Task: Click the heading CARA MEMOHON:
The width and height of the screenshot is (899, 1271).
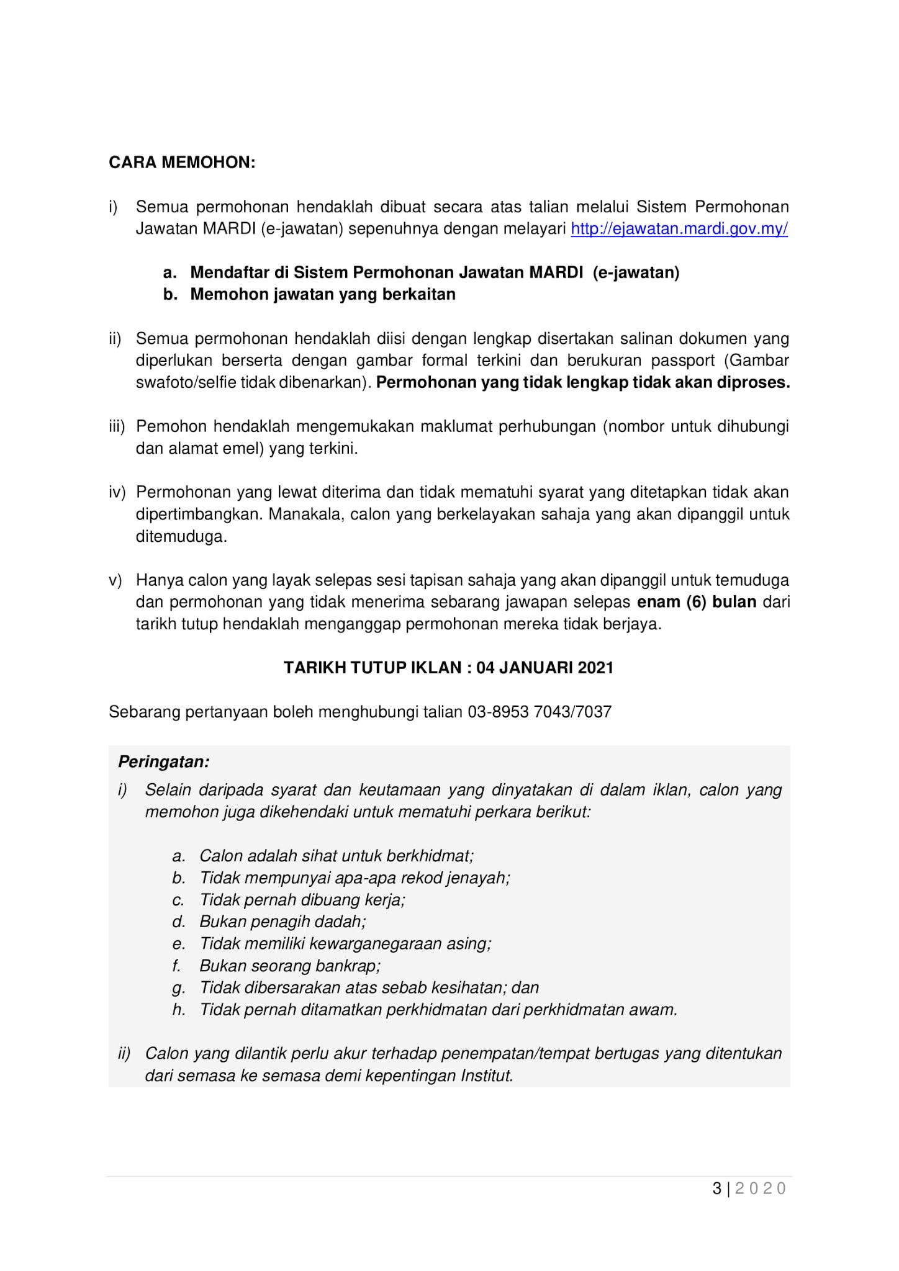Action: (182, 163)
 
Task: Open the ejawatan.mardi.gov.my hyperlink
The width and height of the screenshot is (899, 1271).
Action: (679, 229)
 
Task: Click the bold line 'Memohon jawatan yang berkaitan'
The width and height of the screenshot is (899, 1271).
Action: (323, 294)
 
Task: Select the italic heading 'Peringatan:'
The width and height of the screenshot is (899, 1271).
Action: (164, 761)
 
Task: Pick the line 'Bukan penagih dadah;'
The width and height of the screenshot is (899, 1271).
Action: (282, 922)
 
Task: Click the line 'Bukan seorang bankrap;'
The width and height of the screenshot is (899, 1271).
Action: (290, 966)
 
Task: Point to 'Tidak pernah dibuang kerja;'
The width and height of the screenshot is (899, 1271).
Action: (302, 900)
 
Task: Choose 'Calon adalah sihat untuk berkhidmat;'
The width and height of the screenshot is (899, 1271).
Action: (337, 856)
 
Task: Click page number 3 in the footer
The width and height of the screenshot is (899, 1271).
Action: (717, 1188)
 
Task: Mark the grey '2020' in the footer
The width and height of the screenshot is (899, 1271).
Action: (761, 1188)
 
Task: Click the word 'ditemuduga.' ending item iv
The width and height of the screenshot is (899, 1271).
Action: (182, 536)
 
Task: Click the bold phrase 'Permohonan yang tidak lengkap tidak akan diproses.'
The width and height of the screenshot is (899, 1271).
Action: (583, 382)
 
